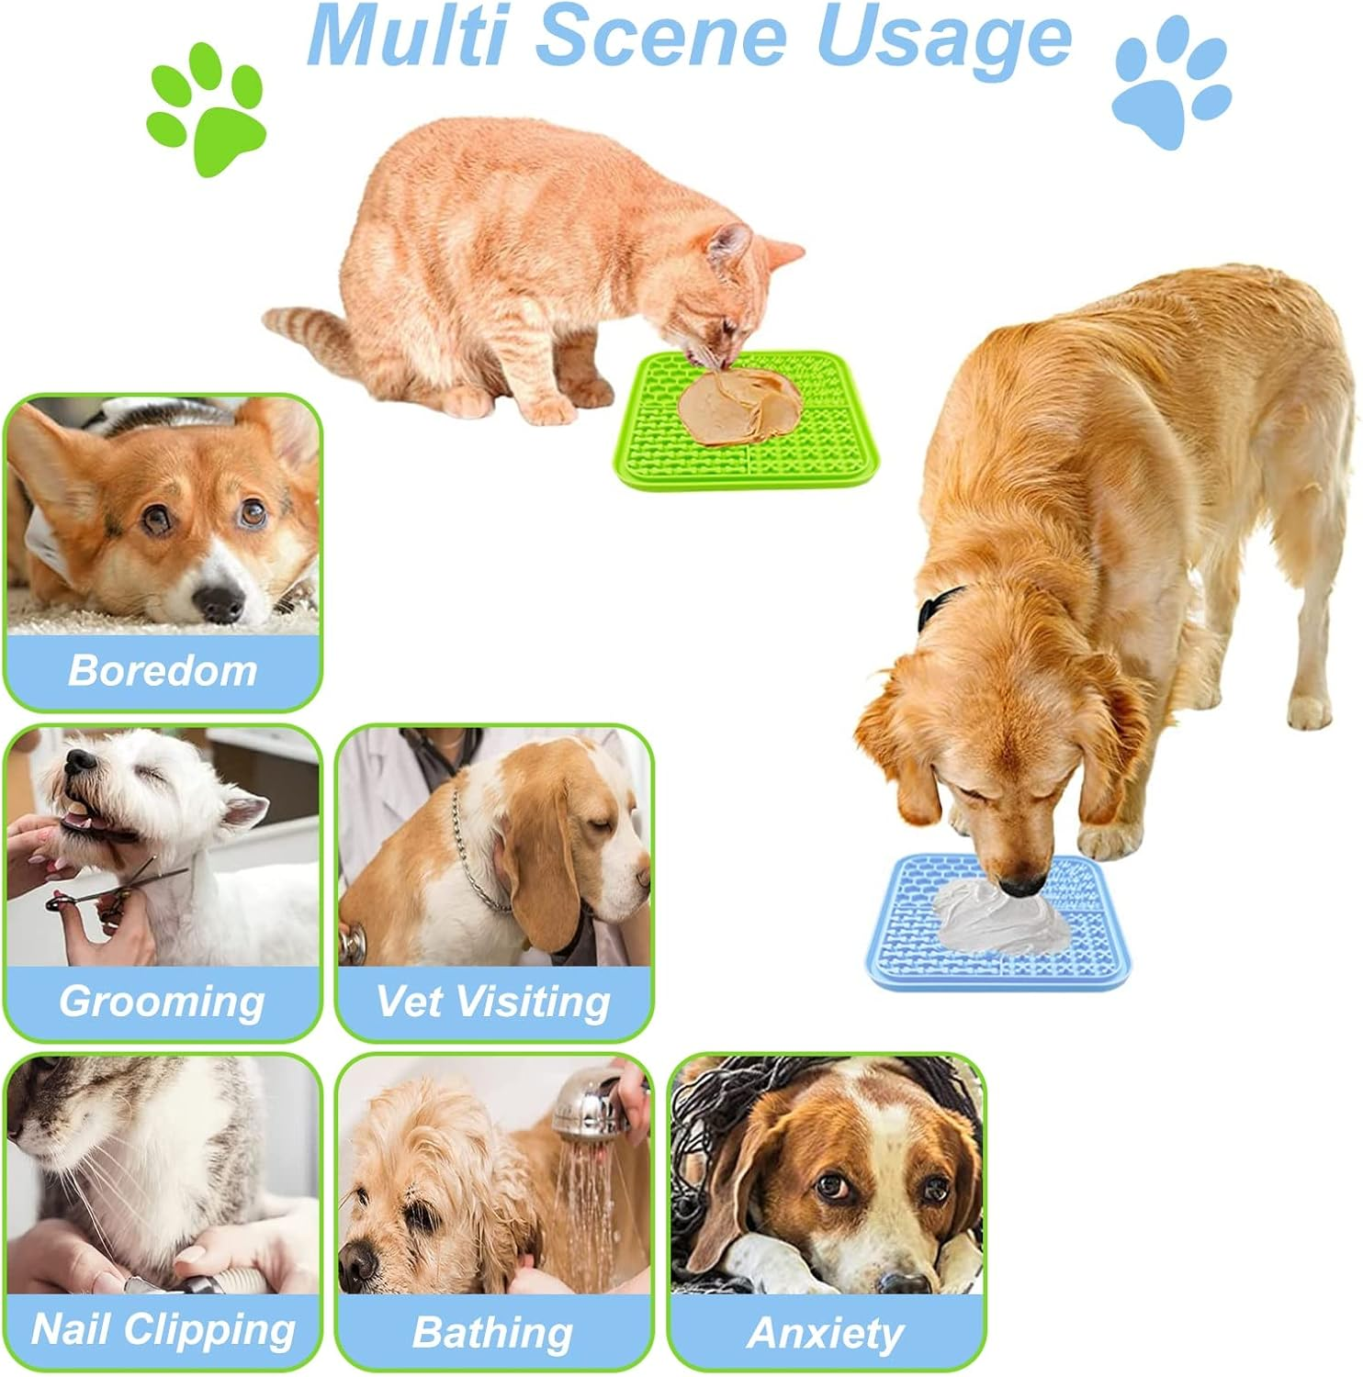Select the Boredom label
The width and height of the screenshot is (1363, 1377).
pos(163,670)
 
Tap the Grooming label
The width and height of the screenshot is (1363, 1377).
pos(163,1001)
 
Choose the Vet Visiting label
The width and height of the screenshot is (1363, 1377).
pos(493,1001)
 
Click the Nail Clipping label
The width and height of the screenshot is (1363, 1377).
pos(163,1329)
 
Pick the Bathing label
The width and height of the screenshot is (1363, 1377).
pos(493,1331)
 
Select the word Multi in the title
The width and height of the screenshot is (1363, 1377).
pos(411,37)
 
